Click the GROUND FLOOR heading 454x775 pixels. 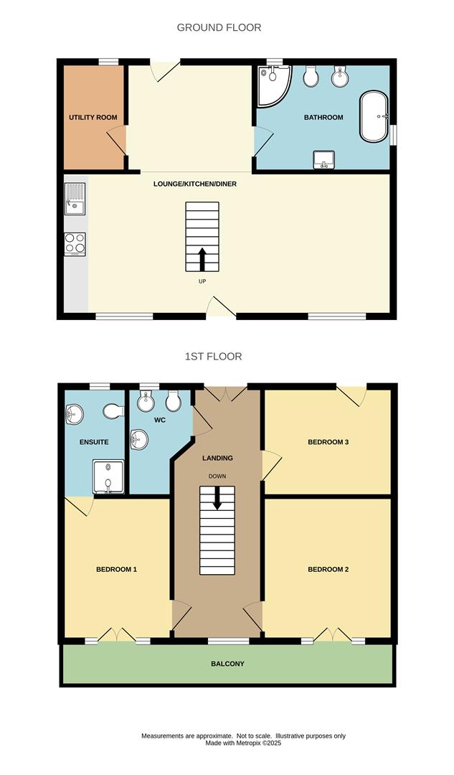pos(219,27)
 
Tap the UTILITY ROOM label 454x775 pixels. pos(93,117)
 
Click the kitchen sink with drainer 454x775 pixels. pos(75,198)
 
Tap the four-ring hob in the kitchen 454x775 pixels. pos(75,244)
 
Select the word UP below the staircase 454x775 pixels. pos(202,281)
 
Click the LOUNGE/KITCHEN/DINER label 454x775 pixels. pos(195,184)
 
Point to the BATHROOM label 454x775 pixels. pos(323,117)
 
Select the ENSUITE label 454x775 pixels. pos(93,442)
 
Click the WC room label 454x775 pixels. pos(159,420)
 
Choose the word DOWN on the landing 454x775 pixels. pos(217,476)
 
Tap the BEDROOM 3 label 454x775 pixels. pos(328,442)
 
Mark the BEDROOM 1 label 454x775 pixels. pos(116,569)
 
